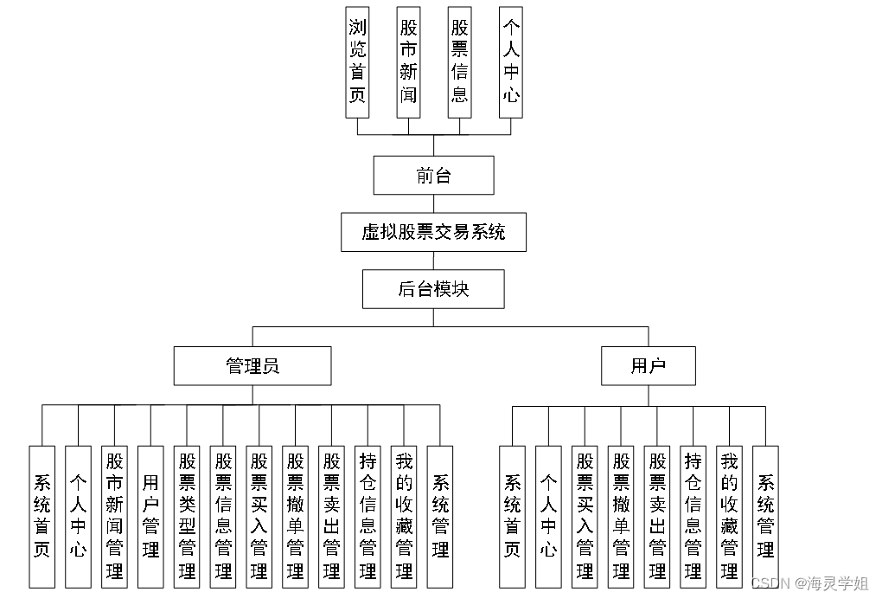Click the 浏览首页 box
[357, 61]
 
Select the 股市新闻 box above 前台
[408, 61]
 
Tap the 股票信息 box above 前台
[459, 61]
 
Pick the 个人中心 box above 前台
[511, 61]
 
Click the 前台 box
[433, 175]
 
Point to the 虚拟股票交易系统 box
[433, 232]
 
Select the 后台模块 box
[433, 289]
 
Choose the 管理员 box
[252, 365]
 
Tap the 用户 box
[648, 365]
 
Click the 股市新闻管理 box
[114, 516]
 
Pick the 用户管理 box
[150, 516]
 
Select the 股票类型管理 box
[187, 516]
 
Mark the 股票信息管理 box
[223, 516]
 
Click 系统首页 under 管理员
[42, 516]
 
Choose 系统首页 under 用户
[512, 516]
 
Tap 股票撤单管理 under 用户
[621, 516]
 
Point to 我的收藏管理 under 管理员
[404, 516]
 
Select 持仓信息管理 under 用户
[693, 516]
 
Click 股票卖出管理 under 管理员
[331, 516]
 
